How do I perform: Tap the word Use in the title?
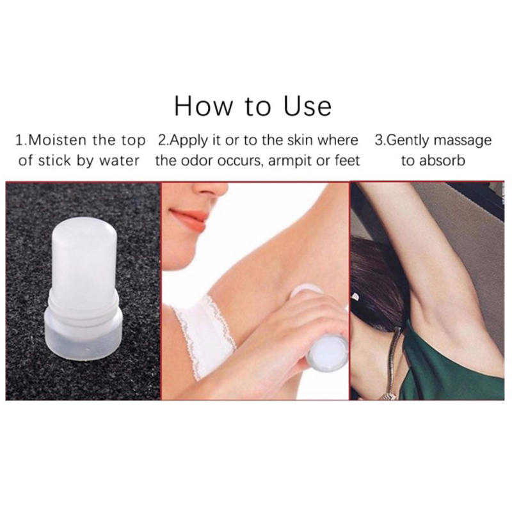tap(308, 106)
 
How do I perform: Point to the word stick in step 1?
tap(54, 161)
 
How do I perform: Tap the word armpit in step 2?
tap(287, 161)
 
